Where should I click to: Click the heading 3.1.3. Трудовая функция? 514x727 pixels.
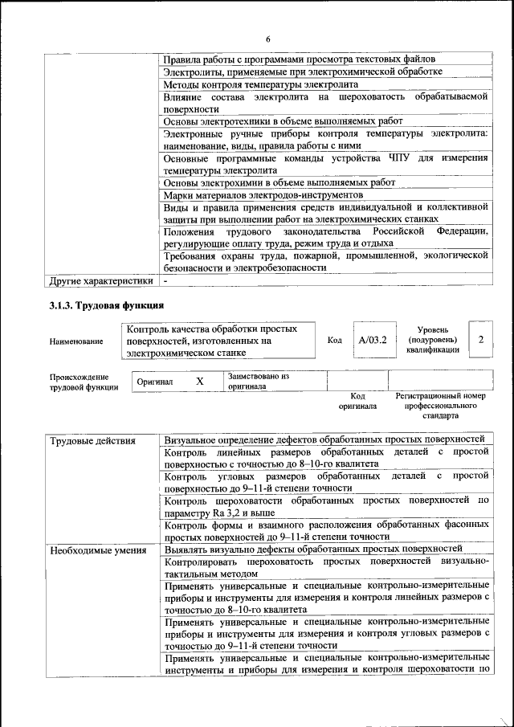[x=107, y=305]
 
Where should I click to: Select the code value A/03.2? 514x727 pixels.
[x=373, y=341]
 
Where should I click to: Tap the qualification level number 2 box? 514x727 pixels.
[x=480, y=341]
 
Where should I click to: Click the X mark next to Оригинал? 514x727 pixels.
[x=200, y=382]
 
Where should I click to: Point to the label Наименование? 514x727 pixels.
[x=76, y=341]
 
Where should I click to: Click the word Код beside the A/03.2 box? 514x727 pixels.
[x=335, y=341]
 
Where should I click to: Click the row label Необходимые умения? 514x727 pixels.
[x=97, y=550]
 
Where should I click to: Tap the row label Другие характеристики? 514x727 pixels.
[x=100, y=282]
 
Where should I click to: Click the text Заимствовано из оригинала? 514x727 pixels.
[x=258, y=381]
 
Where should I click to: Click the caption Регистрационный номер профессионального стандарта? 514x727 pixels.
[x=441, y=406]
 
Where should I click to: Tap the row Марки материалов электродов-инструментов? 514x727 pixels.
[x=263, y=195]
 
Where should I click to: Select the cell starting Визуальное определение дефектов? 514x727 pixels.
[x=324, y=440]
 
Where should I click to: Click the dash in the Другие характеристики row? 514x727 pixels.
[x=165, y=282]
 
